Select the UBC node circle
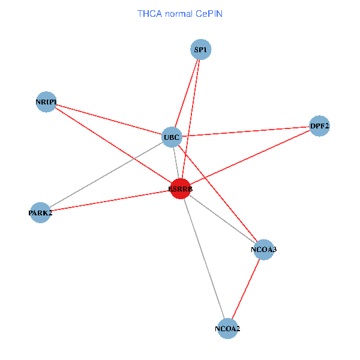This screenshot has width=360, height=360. [172, 137]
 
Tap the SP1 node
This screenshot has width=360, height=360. [200, 50]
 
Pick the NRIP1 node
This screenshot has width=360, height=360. [46, 103]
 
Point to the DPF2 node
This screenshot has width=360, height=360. [319, 126]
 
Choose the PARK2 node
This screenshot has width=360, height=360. [40, 212]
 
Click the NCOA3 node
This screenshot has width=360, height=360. [263, 249]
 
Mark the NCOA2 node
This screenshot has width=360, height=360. [227, 328]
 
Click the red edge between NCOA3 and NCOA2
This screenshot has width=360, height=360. [245, 289]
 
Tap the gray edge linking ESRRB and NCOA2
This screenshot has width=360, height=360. [204, 259]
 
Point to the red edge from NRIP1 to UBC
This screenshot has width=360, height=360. [108, 120]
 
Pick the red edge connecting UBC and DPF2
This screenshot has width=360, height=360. [246, 131]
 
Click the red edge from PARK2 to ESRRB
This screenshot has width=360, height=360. [111, 200]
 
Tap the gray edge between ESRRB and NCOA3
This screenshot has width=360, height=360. [222, 219]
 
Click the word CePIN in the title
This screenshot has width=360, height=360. [208, 13]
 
